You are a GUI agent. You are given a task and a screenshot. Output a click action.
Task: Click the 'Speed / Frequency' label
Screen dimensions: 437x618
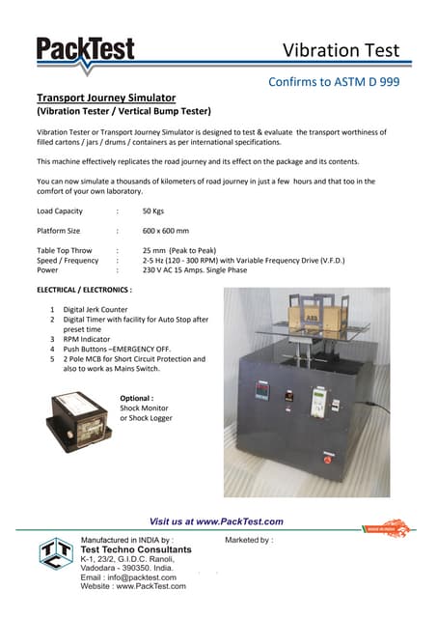click(x=68, y=261)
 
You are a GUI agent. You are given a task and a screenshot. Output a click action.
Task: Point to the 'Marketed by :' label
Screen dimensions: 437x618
click(x=249, y=540)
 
